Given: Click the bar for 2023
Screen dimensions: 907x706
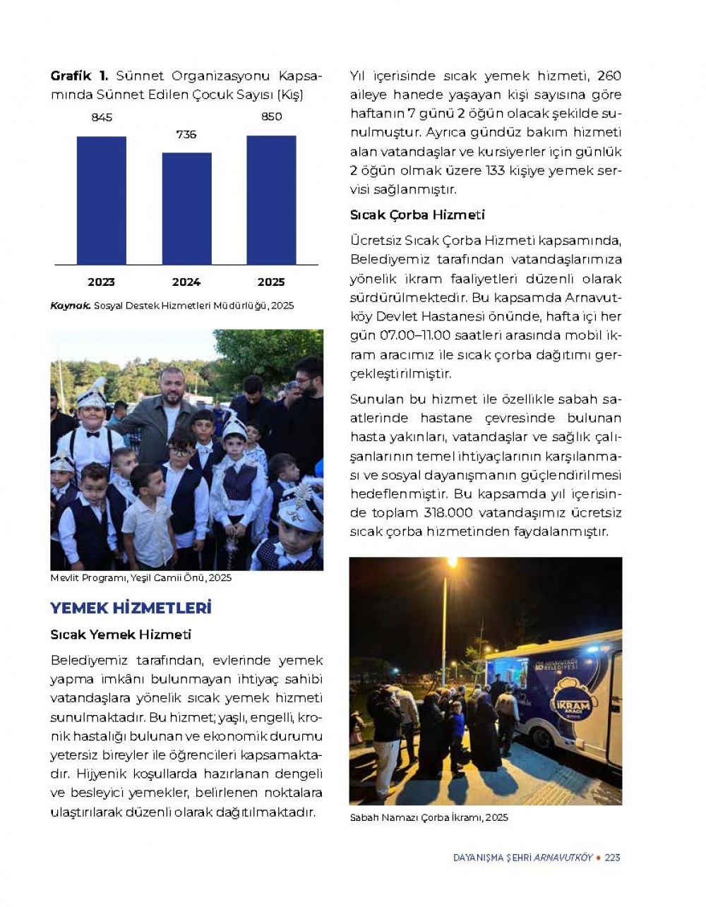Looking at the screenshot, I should (x=101, y=200).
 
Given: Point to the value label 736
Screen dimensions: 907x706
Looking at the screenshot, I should (x=186, y=135).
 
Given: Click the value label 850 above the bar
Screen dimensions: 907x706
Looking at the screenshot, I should (x=272, y=117).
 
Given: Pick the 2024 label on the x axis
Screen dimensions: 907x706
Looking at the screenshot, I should (x=186, y=282).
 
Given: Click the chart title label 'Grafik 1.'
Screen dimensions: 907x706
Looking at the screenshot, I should (x=79, y=76).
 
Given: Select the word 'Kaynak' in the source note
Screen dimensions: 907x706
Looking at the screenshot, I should (x=70, y=306).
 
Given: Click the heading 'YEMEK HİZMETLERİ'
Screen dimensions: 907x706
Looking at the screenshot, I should (x=131, y=608).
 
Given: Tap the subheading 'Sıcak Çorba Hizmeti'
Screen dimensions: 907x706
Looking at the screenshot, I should (x=417, y=215).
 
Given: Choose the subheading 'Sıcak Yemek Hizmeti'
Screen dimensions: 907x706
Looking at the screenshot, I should (x=121, y=635).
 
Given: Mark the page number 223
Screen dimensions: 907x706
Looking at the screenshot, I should (x=613, y=858).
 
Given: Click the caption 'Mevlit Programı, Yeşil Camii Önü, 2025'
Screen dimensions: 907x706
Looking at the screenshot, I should (x=140, y=578).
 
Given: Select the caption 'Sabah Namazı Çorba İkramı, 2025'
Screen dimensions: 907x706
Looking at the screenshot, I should (x=429, y=817).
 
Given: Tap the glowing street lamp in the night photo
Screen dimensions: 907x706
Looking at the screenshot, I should (x=450, y=563).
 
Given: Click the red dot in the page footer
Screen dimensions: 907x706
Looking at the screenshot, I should (x=599, y=858).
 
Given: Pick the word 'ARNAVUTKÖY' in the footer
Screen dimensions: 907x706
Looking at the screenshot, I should (x=563, y=858).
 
